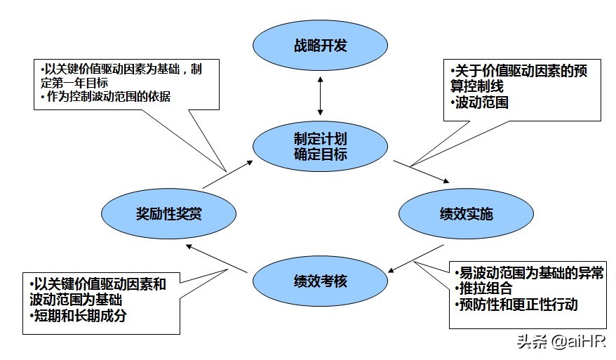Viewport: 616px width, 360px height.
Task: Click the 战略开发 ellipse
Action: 321,47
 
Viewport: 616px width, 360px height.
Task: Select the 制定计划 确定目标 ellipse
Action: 321,146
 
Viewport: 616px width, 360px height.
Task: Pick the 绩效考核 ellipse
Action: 321,282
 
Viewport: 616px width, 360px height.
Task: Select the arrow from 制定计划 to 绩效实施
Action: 421,171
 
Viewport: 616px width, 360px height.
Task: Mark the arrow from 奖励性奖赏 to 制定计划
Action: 228,175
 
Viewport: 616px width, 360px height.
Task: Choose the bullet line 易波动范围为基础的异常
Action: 528,273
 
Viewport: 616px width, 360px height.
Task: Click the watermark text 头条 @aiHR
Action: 561,342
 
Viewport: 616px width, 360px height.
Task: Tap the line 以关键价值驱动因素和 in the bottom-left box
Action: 98,284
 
